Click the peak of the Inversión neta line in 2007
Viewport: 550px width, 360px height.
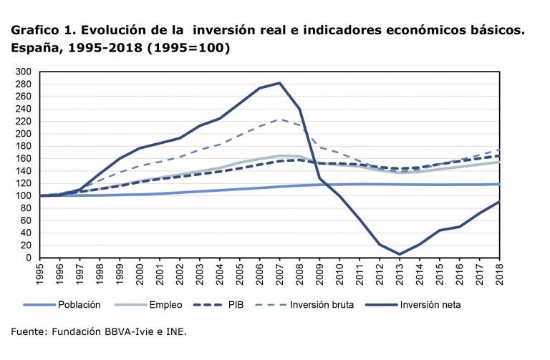279,83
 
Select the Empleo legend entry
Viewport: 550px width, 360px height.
166,305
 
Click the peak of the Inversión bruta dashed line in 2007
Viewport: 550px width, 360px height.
279,120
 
